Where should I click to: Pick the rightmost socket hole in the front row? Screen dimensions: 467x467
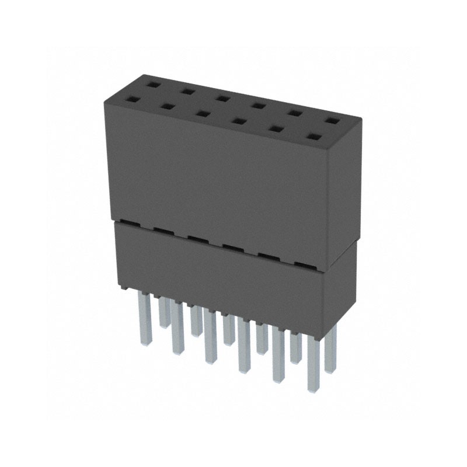point(313,138)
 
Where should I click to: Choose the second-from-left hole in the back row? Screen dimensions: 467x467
point(187,91)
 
